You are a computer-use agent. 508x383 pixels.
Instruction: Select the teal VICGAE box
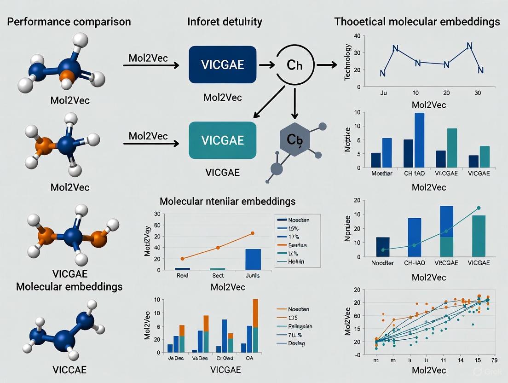[223, 140]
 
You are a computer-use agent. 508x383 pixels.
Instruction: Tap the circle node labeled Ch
[295, 65]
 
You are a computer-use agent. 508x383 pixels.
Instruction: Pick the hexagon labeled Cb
[295, 139]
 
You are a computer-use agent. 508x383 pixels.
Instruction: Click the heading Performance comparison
[69, 22]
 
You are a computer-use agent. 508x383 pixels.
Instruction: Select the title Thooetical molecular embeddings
[417, 22]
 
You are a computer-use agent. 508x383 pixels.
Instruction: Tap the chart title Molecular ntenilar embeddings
[227, 201]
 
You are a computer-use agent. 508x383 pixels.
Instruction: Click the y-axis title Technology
[348, 62]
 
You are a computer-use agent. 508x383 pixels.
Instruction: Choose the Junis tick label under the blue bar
[253, 275]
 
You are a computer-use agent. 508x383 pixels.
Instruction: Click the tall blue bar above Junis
[253, 259]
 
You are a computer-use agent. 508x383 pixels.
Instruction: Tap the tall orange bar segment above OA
[255, 313]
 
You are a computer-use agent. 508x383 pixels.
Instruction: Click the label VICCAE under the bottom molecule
[69, 370]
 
